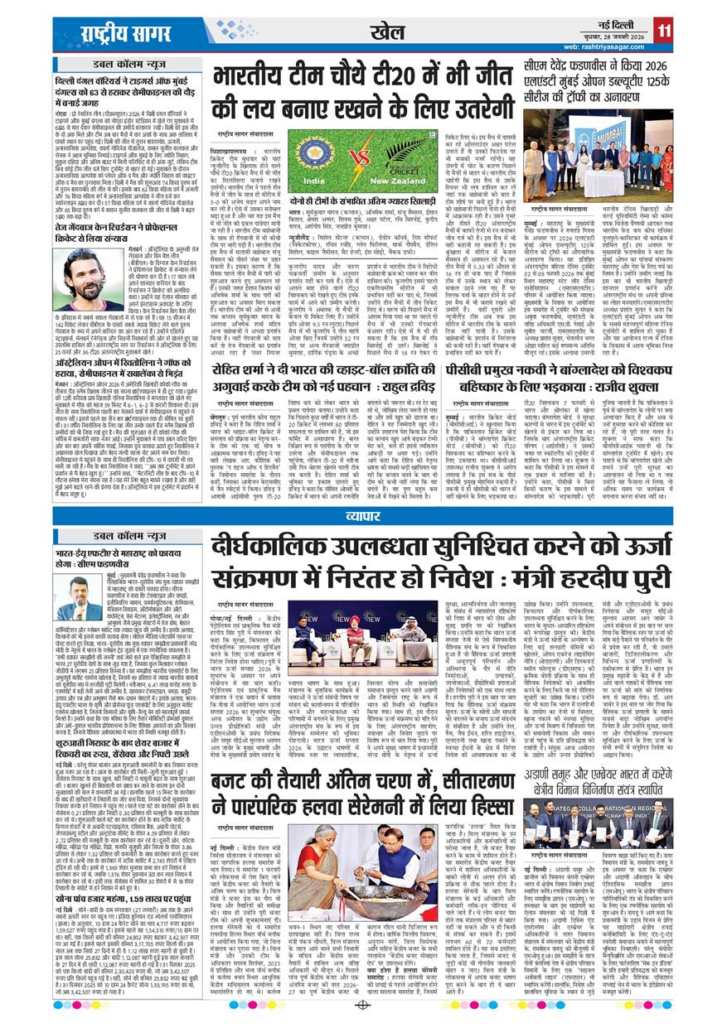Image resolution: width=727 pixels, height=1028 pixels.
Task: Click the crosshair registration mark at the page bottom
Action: [x=363, y=1006]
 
